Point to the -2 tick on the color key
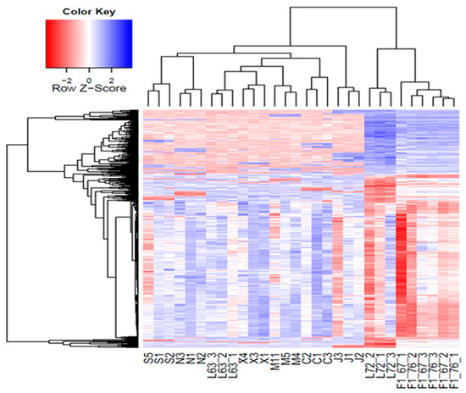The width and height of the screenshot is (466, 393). [x=69, y=73]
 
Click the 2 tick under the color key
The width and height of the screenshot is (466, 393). [x=111, y=73]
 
